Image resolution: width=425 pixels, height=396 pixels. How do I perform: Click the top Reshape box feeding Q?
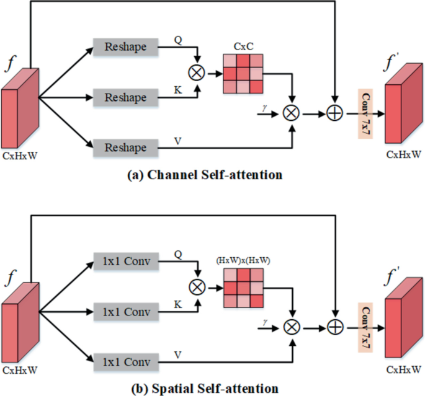[x=125, y=47]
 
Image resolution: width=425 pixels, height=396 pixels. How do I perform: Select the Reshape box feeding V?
[x=125, y=147]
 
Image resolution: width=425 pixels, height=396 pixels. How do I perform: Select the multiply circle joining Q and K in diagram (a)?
[x=197, y=73]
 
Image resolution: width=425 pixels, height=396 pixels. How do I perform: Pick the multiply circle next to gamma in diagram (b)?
[x=290, y=325]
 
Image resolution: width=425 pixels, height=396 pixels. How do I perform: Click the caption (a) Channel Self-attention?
[x=205, y=175]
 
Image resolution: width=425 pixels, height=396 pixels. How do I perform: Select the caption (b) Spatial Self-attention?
[x=205, y=389]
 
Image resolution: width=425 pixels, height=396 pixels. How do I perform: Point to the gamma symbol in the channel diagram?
[x=265, y=107]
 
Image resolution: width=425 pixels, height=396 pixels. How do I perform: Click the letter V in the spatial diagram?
[x=179, y=353]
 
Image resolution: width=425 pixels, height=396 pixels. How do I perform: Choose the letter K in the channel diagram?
[x=178, y=91]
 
